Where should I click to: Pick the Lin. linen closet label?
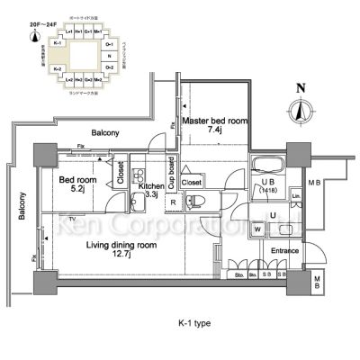(295, 195)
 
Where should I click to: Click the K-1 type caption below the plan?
(189, 322)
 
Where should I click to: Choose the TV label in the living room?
(70, 218)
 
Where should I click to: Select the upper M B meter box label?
(312, 184)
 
